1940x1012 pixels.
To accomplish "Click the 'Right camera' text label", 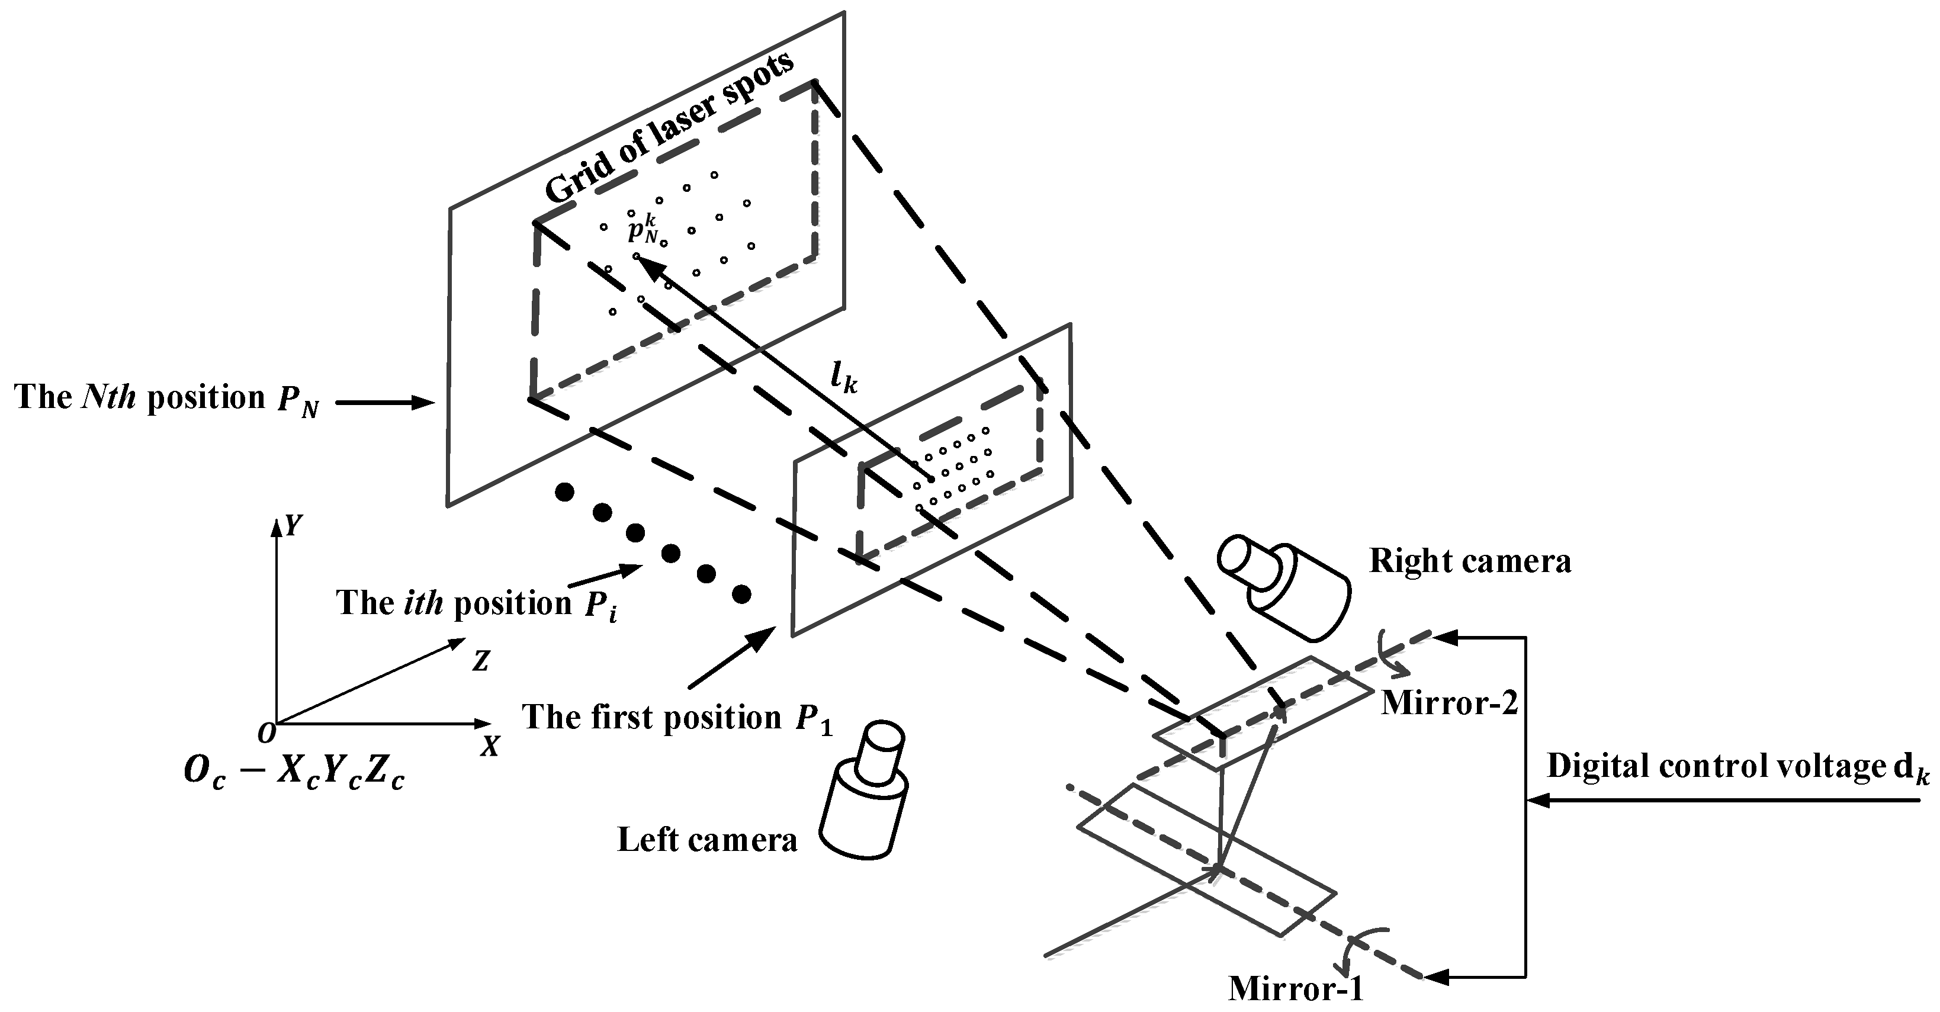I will coord(1469,562).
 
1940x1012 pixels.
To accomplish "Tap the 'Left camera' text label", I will coord(706,840).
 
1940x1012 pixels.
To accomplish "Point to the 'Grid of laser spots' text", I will coord(669,128).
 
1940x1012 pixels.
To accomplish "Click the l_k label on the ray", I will coord(843,380).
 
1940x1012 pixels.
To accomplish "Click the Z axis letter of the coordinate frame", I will coord(480,661).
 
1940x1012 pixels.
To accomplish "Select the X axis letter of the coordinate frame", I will coord(490,746).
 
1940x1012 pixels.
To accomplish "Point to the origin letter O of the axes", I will coord(266,732).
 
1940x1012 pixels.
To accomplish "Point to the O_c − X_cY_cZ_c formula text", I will coord(294,773).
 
